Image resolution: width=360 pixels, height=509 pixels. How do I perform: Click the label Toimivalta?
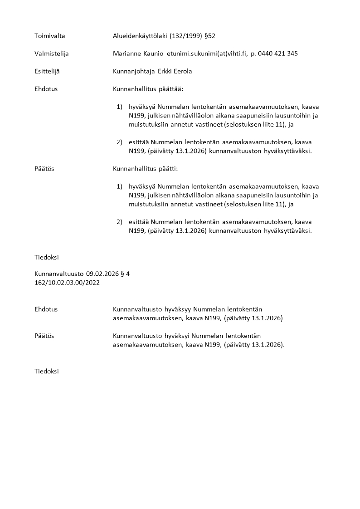49,35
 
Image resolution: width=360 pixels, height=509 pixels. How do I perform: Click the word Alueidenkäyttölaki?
140,35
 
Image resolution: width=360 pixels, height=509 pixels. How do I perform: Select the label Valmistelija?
52,54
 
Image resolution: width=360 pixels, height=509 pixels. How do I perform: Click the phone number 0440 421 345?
278,54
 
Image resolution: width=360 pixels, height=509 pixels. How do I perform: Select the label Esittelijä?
48,71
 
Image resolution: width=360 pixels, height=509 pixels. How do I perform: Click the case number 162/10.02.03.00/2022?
67,282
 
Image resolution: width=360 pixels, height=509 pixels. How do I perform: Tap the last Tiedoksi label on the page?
47,371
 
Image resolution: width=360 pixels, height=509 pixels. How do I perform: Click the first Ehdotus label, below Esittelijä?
46,89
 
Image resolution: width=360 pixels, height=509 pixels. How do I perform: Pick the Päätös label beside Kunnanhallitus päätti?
44,169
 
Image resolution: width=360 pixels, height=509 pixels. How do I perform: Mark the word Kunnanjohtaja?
134,71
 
